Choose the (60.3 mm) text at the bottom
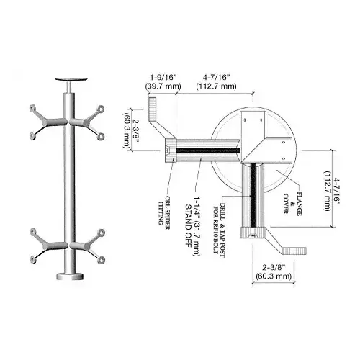click(x=274, y=276)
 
